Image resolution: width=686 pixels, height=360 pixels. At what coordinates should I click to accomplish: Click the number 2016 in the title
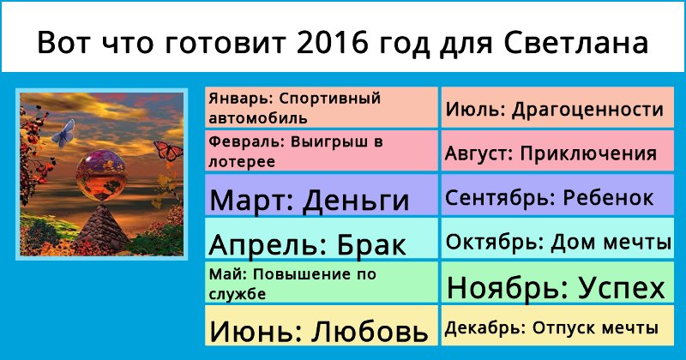(332, 43)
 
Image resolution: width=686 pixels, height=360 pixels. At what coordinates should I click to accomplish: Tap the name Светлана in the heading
(575, 43)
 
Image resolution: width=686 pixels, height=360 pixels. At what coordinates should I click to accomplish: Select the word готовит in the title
(226, 44)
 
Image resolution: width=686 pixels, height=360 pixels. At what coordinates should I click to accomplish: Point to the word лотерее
(242, 162)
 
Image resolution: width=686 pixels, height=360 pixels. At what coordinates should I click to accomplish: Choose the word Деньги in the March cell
(356, 201)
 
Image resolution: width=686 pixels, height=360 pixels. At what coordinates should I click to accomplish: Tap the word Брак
(371, 244)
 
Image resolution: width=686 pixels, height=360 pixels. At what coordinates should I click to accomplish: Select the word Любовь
(370, 332)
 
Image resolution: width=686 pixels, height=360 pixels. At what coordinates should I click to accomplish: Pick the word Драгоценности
(587, 110)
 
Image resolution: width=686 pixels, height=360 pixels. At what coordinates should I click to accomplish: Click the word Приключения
(588, 154)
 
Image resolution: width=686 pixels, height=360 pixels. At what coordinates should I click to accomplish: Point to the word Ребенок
(608, 198)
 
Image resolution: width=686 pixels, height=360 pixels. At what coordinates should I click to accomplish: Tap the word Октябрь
(492, 242)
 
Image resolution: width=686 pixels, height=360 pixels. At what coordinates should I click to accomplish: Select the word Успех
(621, 288)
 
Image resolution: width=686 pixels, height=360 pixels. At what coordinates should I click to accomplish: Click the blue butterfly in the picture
(63, 133)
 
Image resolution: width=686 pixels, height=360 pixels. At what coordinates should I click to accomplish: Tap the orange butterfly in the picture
(169, 151)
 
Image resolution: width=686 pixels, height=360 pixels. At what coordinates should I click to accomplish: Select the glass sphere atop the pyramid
(101, 175)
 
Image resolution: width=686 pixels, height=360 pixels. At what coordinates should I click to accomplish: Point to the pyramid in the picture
(101, 227)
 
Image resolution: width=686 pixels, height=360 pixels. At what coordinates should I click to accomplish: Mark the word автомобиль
(258, 118)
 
